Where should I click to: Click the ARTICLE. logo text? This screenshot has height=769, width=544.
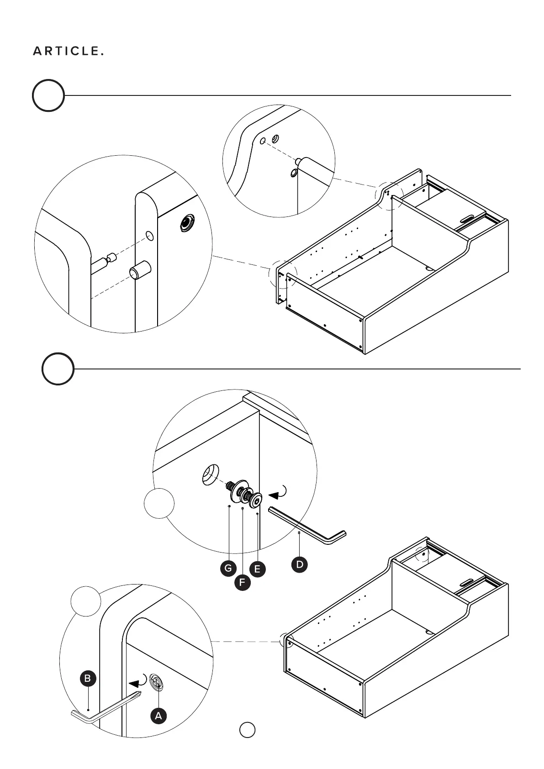pyautogui.click(x=68, y=51)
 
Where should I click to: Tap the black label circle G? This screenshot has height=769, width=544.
pyautogui.click(x=228, y=569)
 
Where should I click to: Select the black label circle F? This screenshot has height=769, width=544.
pyautogui.click(x=242, y=583)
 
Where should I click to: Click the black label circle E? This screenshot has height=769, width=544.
pyautogui.click(x=257, y=569)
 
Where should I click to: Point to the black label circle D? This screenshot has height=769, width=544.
pyautogui.click(x=299, y=564)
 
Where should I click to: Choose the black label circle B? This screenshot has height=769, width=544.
pyautogui.click(x=88, y=679)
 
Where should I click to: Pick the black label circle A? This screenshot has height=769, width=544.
pyautogui.click(x=158, y=716)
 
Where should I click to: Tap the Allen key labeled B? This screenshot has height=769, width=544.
pyautogui.click(x=106, y=711)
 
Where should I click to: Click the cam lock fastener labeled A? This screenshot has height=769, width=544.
pyautogui.click(x=157, y=684)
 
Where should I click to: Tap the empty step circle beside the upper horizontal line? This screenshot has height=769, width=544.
pyautogui.click(x=48, y=95)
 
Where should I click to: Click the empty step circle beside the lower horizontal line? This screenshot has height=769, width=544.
pyautogui.click(x=58, y=369)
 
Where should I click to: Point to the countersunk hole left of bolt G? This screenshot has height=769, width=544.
pyautogui.click(x=211, y=474)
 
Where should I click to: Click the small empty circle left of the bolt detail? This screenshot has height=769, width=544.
pyautogui.click(x=159, y=503)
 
